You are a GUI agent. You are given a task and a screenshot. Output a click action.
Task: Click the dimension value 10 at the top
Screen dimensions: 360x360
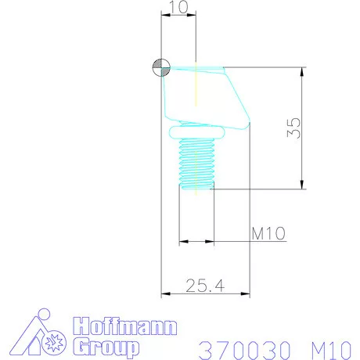[x=178, y=6]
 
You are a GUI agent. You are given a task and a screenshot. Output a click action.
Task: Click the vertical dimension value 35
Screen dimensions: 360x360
[x=293, y=128]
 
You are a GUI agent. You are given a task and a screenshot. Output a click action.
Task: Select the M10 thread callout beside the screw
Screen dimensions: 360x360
[x=268, y=233]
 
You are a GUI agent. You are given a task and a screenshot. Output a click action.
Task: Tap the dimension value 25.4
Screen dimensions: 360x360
[x=205, y=286]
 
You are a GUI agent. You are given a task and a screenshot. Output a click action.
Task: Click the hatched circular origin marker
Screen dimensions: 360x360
[x=161, y=67]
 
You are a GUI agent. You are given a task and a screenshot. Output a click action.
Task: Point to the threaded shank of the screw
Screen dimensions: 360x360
[x=196, y=164]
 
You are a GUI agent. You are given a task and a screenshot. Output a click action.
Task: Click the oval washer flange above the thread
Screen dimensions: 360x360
[x=196, y=132]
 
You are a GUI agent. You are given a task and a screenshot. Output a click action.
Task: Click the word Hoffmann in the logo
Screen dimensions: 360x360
[x=125, y=326]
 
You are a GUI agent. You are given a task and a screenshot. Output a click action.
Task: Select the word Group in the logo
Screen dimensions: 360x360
[x=106, y=347]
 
